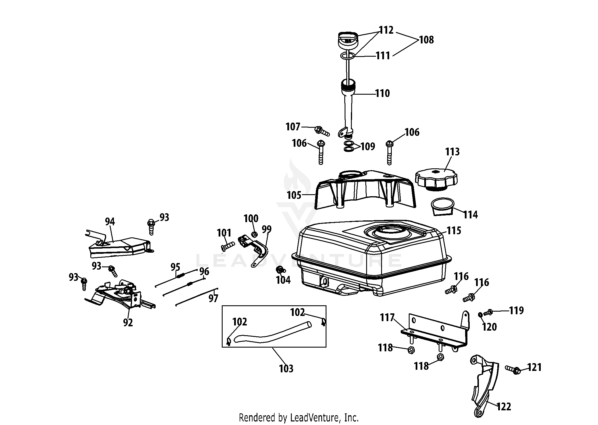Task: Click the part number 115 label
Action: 454,230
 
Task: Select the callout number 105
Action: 294,195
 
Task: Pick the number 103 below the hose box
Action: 286,369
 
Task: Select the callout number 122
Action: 504,407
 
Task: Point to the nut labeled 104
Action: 279,270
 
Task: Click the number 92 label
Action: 128,323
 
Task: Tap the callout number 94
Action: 110,222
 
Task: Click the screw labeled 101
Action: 228,246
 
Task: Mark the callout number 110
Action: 382,93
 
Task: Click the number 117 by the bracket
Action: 387,318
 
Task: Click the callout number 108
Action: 426,40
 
